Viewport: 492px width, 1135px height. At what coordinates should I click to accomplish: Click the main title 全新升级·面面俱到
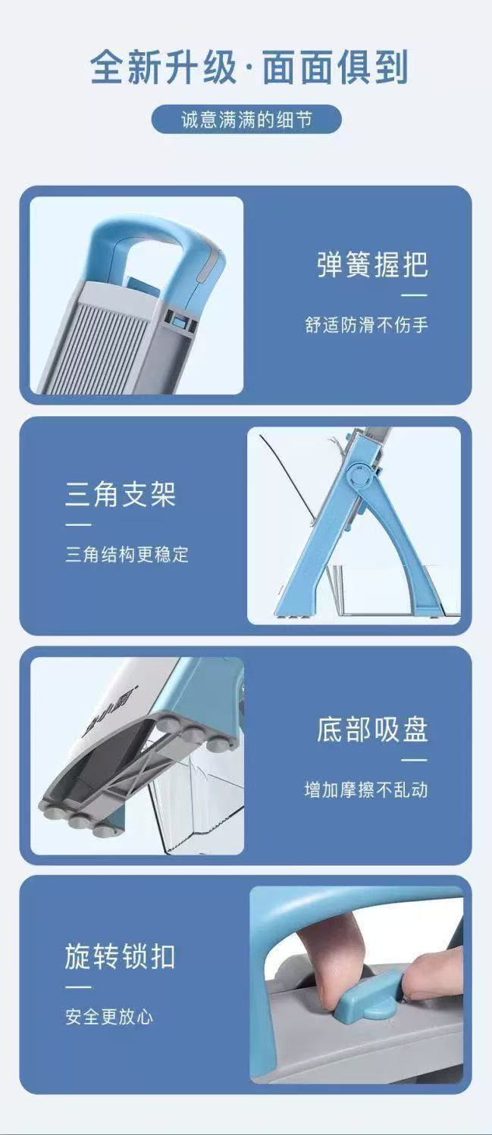click(x=249, y=69)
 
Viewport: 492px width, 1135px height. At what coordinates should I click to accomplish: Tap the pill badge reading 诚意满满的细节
click(x=246, y=120)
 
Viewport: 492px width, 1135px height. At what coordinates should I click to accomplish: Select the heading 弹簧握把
click(x=372, y=264)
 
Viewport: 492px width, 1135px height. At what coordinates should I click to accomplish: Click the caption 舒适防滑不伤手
click(x=366, y=325)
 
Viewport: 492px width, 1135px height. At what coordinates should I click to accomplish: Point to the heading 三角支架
click(x=120, y=494)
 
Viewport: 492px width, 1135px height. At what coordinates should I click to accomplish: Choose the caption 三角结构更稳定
click(x=127, y=555)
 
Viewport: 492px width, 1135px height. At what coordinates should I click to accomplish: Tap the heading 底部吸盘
click(x=372, y=729)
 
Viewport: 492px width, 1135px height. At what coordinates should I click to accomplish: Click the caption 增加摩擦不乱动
click(x=366, y=789)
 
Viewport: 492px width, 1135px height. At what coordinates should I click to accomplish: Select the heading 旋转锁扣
click(x=120, y=956)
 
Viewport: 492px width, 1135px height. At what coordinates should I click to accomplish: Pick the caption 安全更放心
click(x=109, y=1017)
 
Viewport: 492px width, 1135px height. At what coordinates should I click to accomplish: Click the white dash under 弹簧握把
click(x=414, y=295)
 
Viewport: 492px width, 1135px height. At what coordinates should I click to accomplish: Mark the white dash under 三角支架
click(x=78, y=524)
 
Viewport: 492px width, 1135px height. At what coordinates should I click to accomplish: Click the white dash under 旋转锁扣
click(x=78, y=986)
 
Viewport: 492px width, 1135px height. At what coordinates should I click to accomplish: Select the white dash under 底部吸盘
click(x=414, y=759)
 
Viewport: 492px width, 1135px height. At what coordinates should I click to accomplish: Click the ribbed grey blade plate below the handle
click(x=106, y=337)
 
